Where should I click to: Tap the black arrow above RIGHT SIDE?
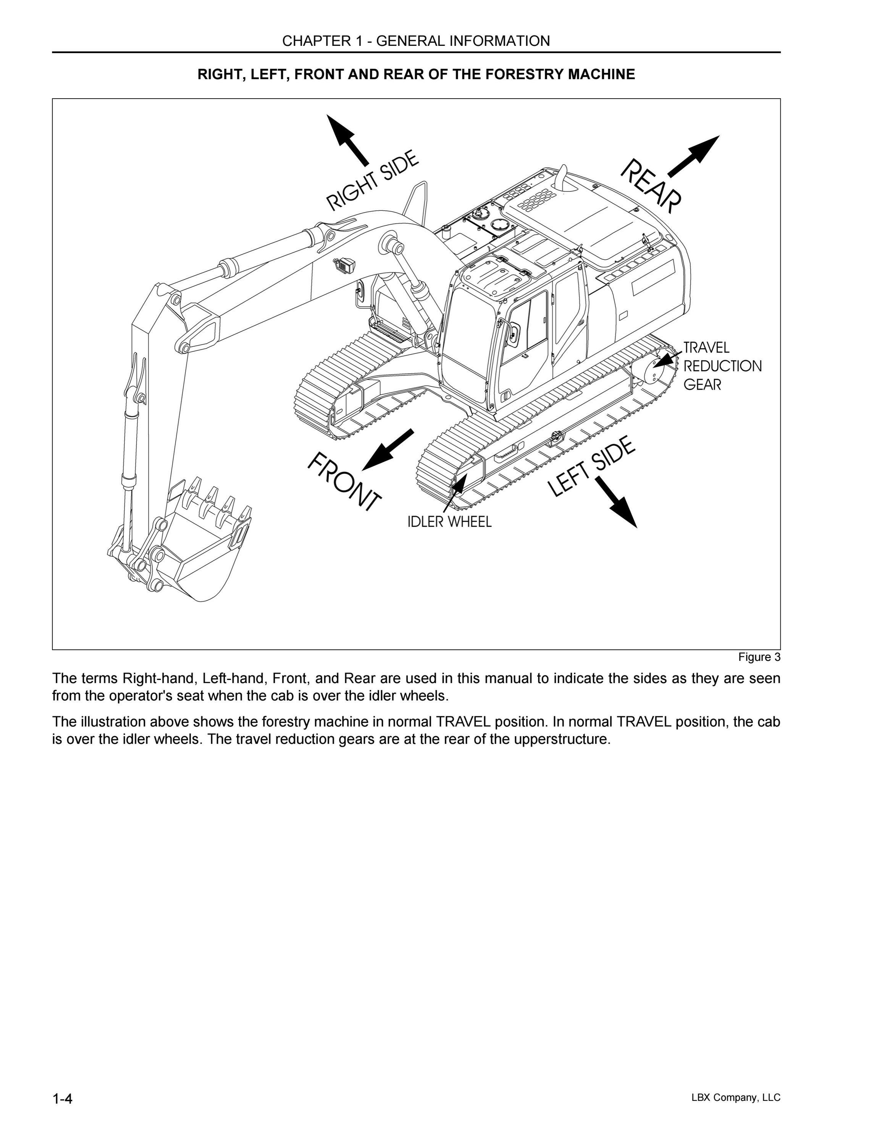(347, 140)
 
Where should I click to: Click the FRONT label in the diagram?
(344, 481)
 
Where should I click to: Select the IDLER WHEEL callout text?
(450, 521)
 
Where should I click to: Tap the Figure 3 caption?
(759, 657)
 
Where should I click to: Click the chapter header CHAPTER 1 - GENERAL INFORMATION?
(416, 41)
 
